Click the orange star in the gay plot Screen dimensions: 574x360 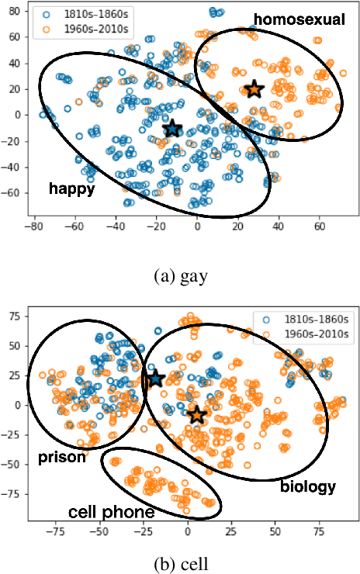pyautogui.click(x=254, y=89)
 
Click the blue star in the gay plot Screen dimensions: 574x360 pyautogui.click(x=172, y=128)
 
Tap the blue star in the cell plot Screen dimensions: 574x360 pyautogui.click(x=154, y=379)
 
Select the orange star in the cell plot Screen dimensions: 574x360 pyautogui.click(x=197, y=414)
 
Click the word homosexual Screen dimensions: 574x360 pyautogui.click(x=299, y=20)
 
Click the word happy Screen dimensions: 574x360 pyautogui.click(x=71, y=188)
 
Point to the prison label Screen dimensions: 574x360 pyautogui.click(x=61, y=458)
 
